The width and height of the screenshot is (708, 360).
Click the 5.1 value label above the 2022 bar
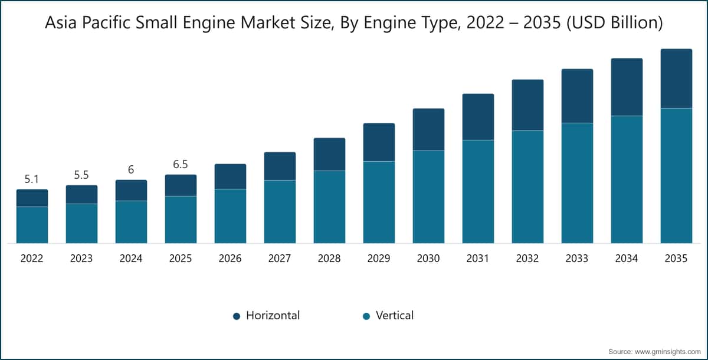(32, 178)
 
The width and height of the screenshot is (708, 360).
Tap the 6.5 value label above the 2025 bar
(181, 164)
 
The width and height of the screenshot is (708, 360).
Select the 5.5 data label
(81, 175)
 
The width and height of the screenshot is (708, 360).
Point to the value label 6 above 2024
(131, 169)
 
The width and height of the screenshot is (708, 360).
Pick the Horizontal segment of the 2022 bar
(32, 198)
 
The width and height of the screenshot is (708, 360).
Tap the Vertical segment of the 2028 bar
(329, 207)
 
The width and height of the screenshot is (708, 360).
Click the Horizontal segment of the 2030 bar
(428, 129)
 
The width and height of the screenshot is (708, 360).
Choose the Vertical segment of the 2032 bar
(527, 186)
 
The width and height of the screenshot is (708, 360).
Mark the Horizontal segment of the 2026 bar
(230, 176)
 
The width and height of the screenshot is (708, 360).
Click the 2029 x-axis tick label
(379, 258)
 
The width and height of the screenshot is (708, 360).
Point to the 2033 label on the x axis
(577, 258)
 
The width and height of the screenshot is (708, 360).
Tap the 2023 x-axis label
(81, 258)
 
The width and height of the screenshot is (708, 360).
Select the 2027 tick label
(280, 258)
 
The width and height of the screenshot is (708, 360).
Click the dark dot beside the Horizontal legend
(237, 316)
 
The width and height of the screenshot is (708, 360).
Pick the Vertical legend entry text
(395, 316)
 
